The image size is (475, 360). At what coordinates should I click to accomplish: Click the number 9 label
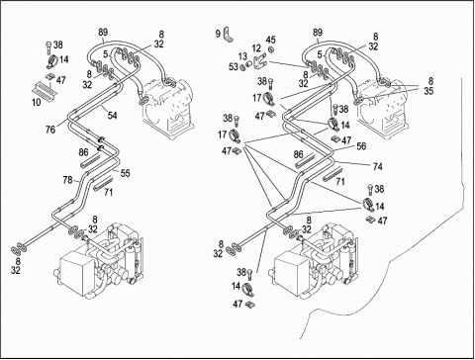218,34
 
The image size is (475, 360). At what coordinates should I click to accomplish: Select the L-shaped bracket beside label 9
228,35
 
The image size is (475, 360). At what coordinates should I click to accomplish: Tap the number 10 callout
37,102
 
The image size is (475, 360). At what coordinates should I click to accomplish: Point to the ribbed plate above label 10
45,89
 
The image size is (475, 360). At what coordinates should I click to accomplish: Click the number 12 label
256,49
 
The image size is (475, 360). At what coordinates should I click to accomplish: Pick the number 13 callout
242,56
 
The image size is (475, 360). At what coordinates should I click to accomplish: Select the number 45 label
271,40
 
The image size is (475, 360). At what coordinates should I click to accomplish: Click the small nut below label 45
271,49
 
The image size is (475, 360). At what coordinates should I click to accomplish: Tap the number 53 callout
234,67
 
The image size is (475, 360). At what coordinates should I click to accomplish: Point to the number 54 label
113,116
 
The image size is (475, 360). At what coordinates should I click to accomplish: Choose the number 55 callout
125,173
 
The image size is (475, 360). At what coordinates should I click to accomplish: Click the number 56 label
361,146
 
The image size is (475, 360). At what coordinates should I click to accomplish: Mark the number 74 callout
377,167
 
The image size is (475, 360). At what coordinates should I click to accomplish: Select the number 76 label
50,130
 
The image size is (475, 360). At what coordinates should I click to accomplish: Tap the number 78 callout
67,180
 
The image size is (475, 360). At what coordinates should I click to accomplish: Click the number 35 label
428,91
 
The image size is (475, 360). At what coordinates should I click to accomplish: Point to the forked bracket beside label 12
259,61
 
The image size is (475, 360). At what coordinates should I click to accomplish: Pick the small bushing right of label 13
249,63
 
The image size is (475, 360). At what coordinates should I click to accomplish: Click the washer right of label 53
241,67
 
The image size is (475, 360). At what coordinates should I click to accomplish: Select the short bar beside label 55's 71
103,183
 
